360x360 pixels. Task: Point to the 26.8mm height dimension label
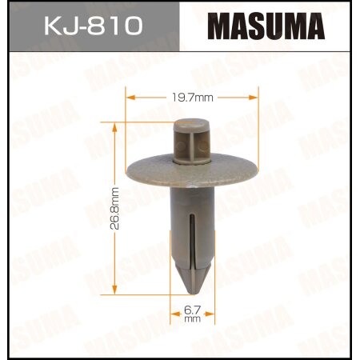click(x=115, y=206)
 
